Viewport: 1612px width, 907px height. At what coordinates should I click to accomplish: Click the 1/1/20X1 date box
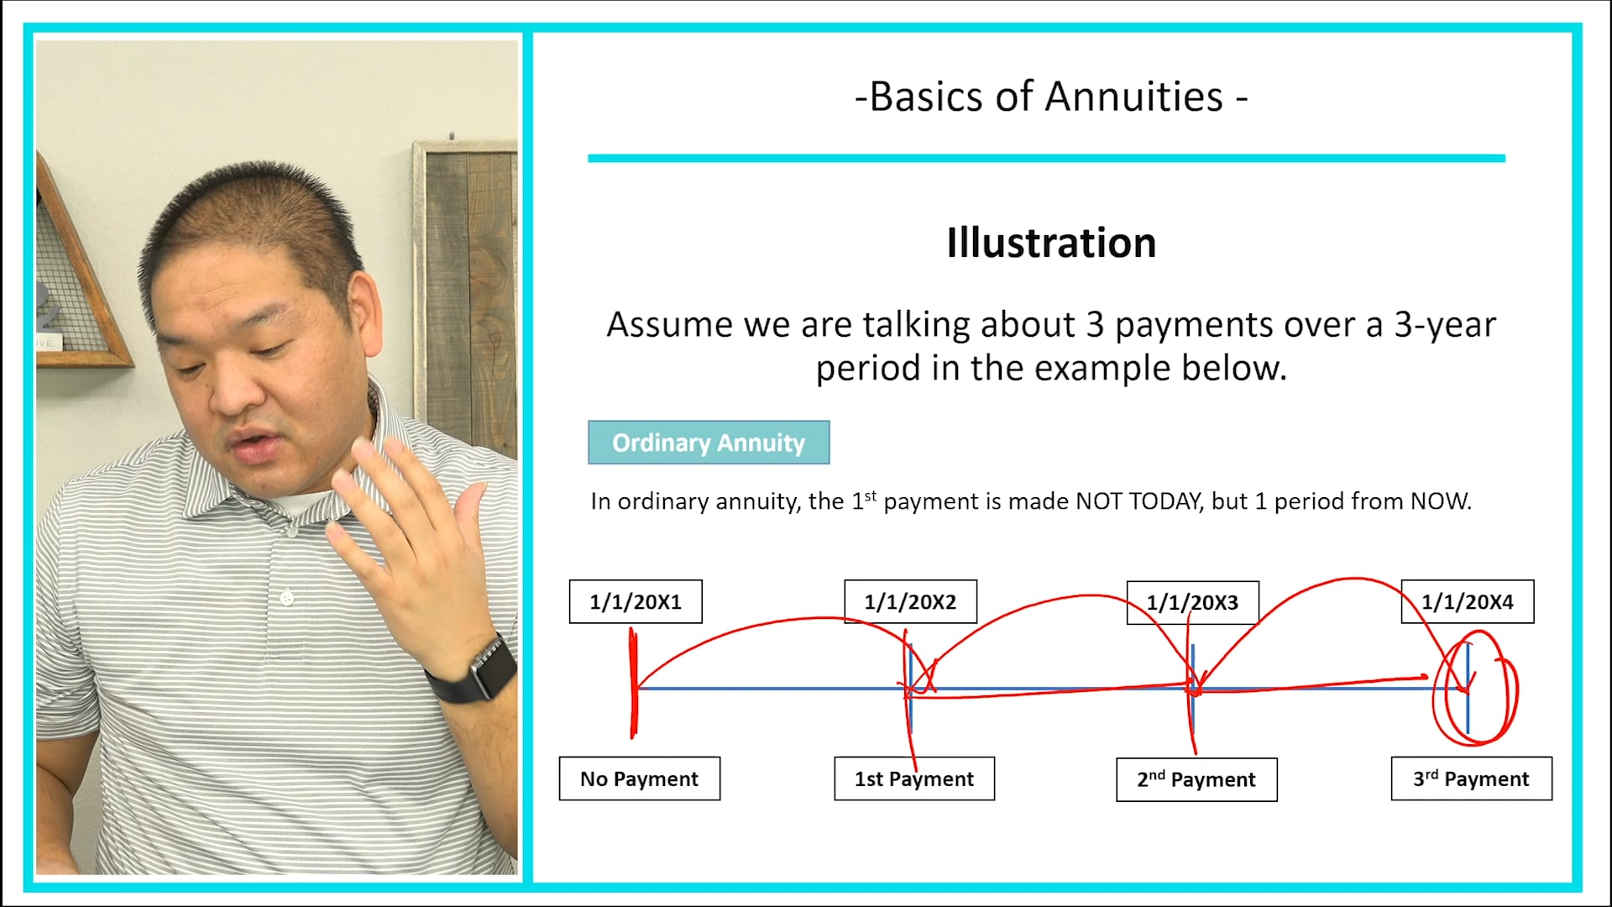(x=636, y=601)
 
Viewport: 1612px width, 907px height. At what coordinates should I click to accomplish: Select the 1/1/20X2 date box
(x=910, y=601)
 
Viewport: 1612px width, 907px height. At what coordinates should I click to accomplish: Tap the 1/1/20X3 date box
(x=1192, y=602)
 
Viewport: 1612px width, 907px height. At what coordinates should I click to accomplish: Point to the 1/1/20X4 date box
(x=1467, y=601)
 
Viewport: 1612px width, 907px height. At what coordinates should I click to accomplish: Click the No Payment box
(x=639, y=779)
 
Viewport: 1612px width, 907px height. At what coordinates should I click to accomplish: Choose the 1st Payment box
(x=913, y=779)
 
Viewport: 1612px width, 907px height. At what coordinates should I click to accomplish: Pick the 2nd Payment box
(x=1196, y=779)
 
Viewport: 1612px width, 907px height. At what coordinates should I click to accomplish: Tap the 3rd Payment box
(x=1471, y=779)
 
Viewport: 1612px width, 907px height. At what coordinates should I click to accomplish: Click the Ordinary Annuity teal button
(x=708, y=443)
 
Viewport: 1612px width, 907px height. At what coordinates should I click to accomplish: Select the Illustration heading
(x=1050, y=243)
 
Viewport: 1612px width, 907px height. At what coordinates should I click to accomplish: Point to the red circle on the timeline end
(x=1475, y=691)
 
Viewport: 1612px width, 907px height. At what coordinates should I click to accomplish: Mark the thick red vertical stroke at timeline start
(x=634, y=684)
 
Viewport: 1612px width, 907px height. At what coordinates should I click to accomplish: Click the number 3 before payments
(x=1094, y=325)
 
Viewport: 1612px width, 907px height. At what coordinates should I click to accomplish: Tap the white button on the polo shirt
(x=287, y=598)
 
